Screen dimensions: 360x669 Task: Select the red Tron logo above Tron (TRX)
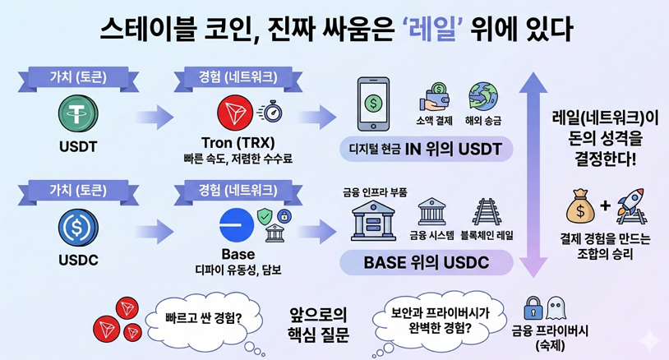[x=233, y=111]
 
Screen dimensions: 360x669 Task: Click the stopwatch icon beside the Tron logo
[x=270, y=112]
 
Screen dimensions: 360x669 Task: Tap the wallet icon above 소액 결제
[x=436, y=97]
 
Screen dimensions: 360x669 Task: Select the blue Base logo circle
[x=236, y=224]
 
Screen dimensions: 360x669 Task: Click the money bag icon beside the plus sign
[x=580, y=208]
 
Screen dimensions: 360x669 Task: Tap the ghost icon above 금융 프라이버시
[x=556, y=308]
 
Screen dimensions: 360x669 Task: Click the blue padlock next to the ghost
[x=533, y=308]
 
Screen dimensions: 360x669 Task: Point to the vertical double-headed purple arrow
[x=536, y=172]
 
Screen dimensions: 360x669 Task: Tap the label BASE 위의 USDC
[x=426, y=263]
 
